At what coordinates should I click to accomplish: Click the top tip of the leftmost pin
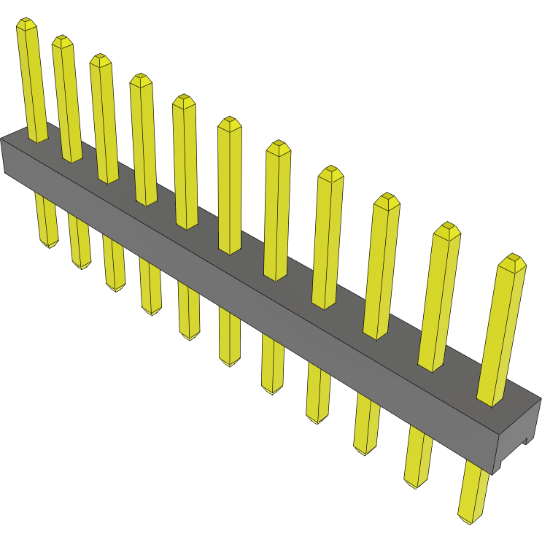[x=26, y=24]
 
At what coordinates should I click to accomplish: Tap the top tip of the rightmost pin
[x=514, y=260]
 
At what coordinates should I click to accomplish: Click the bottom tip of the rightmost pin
[x=468, y=517]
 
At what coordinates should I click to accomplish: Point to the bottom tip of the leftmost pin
[x=50, y=244]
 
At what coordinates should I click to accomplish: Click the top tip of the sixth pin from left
[x=229, y=122]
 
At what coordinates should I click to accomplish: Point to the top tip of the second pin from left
[x=63, y=40]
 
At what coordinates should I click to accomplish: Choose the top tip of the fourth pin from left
[x=141, y=79]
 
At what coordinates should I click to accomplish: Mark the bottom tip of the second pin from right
[x=414, y=484]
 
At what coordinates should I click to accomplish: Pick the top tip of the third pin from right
[x=387, y=199]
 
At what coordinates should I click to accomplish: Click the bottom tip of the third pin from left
[x=115, y=287]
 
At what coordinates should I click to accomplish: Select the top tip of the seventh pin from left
[x=278, y=146]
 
